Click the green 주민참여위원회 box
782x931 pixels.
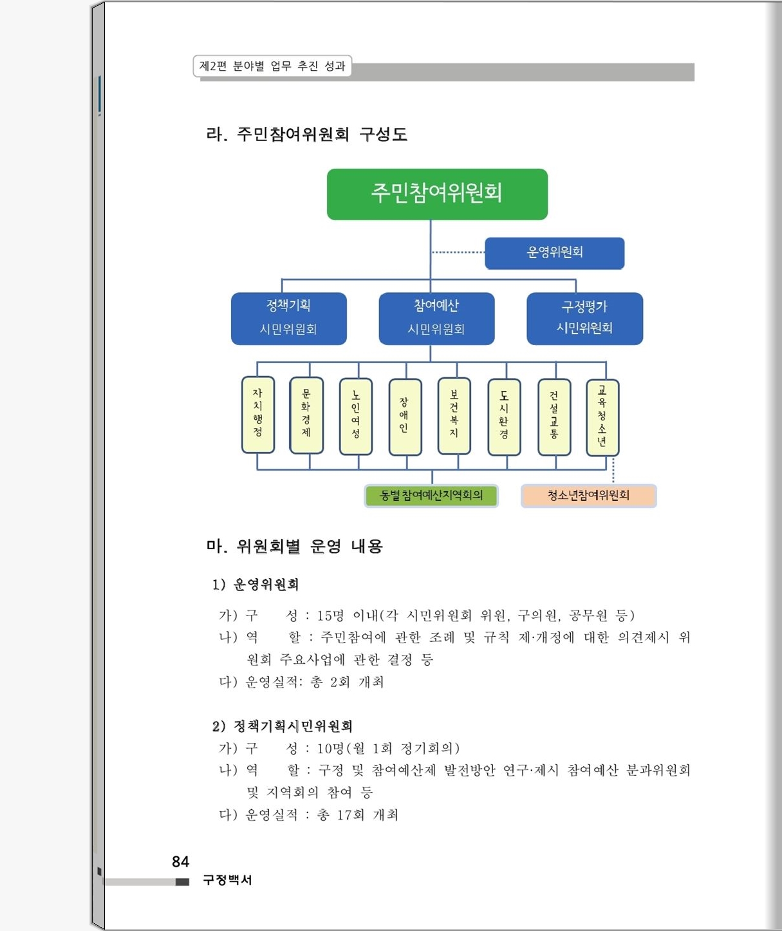437,194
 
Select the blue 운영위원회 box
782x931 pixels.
555,253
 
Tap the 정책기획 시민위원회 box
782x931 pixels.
289,318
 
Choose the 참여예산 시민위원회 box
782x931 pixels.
436,318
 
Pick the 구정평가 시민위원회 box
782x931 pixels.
585,318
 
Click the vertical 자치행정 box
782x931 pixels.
258,415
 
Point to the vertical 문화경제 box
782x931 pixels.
306,415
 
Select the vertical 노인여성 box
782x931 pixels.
356,417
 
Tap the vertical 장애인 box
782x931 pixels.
405,417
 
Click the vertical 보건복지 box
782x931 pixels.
454,416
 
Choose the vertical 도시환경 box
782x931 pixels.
504,417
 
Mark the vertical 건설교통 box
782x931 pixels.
554,417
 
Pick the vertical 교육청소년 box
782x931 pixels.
603,417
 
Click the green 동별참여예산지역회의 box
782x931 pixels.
431,496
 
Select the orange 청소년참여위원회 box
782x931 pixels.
588,496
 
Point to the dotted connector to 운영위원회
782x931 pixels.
458,252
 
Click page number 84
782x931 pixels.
181,861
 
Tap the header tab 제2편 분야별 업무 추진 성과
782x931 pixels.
272,66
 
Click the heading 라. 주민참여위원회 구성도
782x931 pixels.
307,134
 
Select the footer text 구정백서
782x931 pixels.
227,879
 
